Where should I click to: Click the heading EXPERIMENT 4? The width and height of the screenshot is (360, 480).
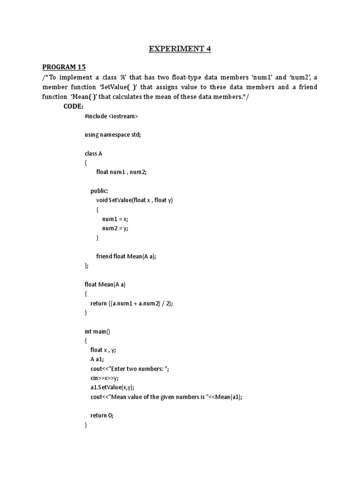coord(180,49)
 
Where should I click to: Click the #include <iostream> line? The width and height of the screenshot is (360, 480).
coord(111,116)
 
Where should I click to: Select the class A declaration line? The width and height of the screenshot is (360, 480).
coord(93,154)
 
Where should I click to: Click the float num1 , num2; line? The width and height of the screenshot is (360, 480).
coord(121,172)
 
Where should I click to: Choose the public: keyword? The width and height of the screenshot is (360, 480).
coord(99,191)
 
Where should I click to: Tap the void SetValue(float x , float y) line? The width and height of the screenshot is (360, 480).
coord(135,200)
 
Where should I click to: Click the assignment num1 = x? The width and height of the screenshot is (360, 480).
coord(115,219)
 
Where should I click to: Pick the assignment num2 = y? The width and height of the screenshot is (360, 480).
coord(115,228)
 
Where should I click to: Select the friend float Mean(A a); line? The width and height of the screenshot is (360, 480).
coord(126,256)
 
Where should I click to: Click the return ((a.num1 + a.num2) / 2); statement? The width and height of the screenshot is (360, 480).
coord(132,303)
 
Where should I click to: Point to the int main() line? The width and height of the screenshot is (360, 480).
coord(97,331)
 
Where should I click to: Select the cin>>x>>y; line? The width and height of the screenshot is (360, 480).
coord(105,378)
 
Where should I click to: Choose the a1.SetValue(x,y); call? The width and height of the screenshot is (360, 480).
coord(112,387)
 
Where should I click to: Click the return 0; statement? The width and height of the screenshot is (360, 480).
coord(102,415)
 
